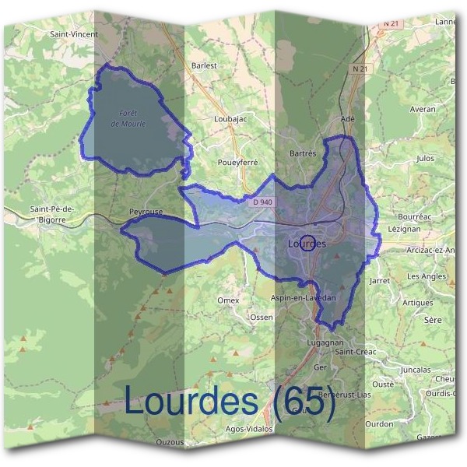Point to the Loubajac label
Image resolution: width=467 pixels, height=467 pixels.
point(230,120)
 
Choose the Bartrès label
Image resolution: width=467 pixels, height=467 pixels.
point(303,153)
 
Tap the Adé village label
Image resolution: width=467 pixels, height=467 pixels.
point(348,118)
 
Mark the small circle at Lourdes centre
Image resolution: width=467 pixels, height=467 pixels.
point(307,244)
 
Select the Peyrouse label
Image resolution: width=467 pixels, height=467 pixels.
point(146,211)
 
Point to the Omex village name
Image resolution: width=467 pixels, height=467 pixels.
point(229,300)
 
